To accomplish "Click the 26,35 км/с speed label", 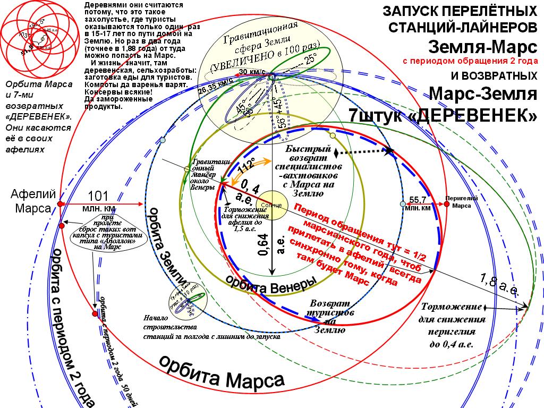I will click(216, 85).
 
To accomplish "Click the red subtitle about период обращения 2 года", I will click(470, 61).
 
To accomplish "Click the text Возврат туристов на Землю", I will click(329, 316).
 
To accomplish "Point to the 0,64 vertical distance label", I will click(263, 245).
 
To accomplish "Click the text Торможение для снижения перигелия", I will click(453, 325).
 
